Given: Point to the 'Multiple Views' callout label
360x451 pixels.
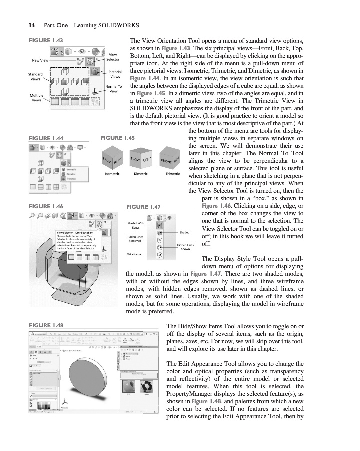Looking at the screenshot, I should point(36,97).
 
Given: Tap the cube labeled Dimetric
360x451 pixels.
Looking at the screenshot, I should point(141,159).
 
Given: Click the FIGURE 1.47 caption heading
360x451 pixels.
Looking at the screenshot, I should point(143,207).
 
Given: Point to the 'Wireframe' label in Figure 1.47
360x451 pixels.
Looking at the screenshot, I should point(133,254).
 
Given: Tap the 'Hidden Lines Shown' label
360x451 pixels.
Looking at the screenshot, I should point(185,246).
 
